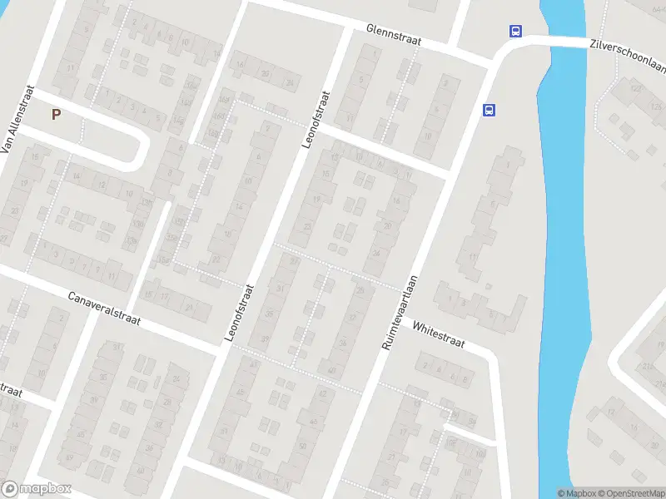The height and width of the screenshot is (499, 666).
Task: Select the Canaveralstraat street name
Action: (x=105, y=308)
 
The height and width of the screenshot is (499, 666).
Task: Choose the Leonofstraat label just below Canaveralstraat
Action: (x=240, y=312)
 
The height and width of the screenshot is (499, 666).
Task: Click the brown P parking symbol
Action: (x=56, y=115)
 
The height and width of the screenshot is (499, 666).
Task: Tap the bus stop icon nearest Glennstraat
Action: (x=516, y=32)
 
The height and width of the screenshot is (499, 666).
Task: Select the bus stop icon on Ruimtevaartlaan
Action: (x=489, y=109)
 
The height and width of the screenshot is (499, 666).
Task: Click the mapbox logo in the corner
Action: (x=36, y=489)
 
